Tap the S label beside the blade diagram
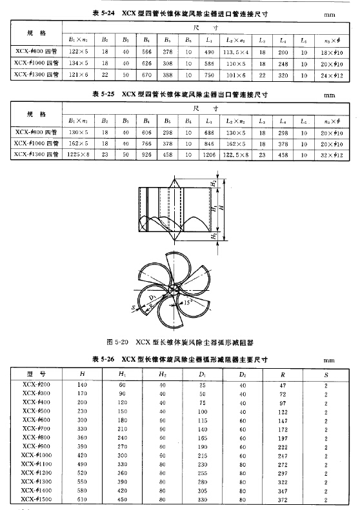(x=133, y=308)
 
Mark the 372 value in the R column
(x=285, y=498)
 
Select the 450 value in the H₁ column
(x=121, y=498)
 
